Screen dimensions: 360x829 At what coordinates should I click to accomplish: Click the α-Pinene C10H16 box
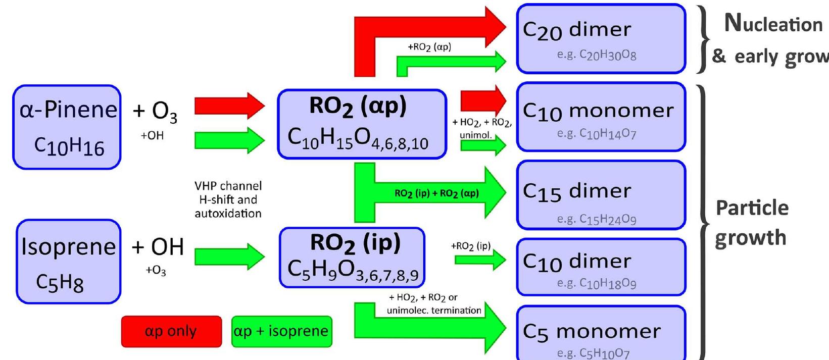click(x=67, y=127)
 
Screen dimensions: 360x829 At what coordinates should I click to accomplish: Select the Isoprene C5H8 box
click(x=68, y=261)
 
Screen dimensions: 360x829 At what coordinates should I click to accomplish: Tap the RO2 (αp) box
click(x=362, y=124)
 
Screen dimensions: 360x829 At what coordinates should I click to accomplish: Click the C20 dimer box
click(x=601, y=39)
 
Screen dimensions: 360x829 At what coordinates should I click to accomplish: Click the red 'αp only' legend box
click(x=171, y=332)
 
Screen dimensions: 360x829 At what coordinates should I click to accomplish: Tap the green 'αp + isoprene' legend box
click(x=281, y=332)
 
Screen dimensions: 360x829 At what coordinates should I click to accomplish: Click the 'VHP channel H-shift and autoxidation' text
click(x=228, y=200)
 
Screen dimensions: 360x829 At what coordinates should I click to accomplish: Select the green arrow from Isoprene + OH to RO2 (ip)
click(x=229, y=256)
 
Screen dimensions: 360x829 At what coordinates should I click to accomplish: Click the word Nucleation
click(x=773, y=24)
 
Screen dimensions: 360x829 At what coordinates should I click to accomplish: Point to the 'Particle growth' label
click(x=752, y=222)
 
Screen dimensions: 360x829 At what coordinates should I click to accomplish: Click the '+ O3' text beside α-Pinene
click(x=155, y=112)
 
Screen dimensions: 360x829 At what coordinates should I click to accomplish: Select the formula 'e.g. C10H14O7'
click(x=597, y=134)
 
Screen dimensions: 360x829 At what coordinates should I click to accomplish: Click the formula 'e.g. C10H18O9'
click(x=597, y=283)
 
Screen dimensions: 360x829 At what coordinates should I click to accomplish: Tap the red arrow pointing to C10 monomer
click(x=482, y=100)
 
